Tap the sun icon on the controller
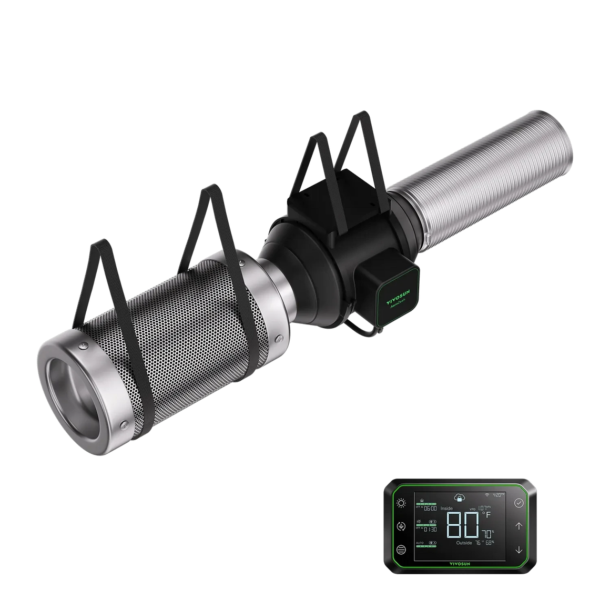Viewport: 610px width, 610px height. coord(402,503)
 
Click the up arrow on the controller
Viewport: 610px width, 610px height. coord(518,526)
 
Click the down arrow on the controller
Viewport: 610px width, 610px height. coord(518,550)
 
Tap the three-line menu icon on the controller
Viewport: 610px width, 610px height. coord(402,550)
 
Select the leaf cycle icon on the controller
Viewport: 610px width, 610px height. coord(402,526)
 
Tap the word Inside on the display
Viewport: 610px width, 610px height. coord(446,509)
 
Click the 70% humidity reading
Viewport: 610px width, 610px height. coord(487,532)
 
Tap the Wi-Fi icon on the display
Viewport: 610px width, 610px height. coord(487,495)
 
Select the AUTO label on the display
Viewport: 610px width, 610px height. coord(420,542)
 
